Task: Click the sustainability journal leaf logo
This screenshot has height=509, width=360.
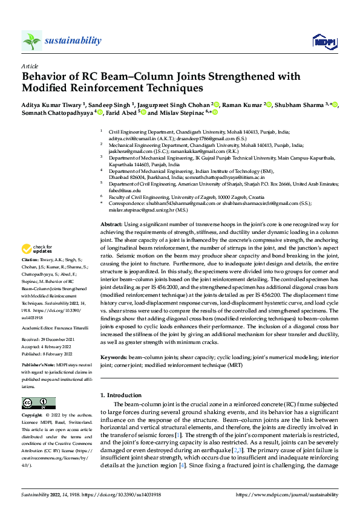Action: pos(31,41)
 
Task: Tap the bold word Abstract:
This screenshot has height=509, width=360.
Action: pos(113,224)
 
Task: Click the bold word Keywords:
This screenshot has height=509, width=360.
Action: pos(114,358)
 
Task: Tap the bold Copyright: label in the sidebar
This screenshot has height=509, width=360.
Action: pos(33,416)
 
